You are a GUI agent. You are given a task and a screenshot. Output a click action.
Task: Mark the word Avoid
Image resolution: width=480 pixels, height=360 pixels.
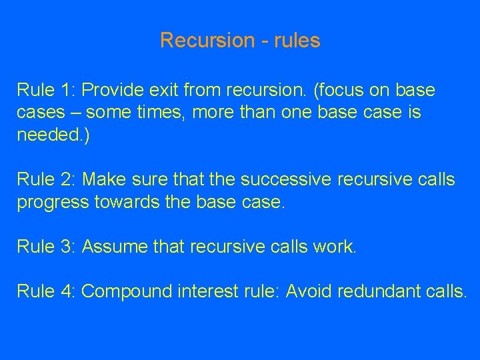(309, 291)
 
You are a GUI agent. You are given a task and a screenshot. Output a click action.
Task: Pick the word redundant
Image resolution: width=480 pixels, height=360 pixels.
(377, 291)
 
